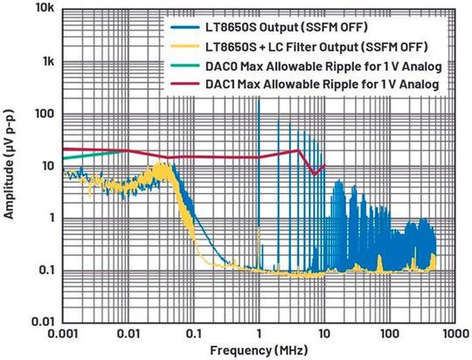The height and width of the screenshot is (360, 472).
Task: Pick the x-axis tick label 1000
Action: [452, 335]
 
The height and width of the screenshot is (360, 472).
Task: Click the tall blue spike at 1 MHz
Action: [259, 131]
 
